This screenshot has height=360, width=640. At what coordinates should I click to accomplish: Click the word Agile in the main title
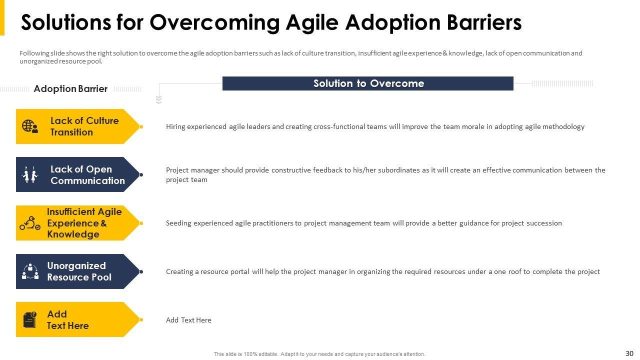312,23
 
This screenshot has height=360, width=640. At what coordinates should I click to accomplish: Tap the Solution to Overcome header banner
367,83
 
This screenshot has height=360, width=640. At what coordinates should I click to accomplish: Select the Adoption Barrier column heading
70,89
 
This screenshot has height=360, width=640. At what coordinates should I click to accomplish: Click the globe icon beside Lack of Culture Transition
30,126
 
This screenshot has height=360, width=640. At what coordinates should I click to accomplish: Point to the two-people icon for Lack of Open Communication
30,174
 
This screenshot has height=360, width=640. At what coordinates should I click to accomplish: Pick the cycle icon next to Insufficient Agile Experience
30,223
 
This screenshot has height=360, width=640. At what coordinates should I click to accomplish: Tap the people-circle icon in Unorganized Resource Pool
30,271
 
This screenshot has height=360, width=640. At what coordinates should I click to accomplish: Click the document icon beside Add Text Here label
29,319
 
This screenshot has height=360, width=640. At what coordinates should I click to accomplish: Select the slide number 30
629,353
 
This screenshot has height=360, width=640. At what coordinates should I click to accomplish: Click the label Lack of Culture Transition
84,126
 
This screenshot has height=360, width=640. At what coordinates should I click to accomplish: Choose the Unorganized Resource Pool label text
79,271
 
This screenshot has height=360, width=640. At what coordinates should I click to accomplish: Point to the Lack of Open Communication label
87,174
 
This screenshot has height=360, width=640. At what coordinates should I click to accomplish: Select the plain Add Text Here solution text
188,320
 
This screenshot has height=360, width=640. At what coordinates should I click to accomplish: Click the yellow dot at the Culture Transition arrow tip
141,126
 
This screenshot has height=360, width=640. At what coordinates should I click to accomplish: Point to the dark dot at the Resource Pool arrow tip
141,271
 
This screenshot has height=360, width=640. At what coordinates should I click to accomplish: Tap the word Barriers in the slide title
484,23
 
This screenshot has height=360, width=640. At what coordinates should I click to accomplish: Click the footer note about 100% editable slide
319,354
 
